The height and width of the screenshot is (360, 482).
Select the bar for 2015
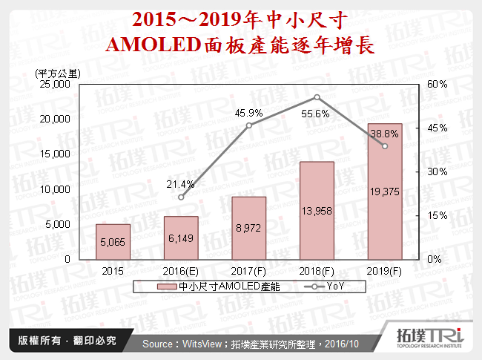pos(113,241)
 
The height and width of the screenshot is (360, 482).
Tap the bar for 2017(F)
pos(248,228)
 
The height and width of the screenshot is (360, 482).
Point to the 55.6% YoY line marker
pos(317,97)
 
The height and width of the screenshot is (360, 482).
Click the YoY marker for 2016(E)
pos(181,197)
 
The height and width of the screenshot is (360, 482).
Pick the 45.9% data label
pos(248,112)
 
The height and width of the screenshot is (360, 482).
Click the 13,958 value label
pos(317,212)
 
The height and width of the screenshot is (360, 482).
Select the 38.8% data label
pos(385,134)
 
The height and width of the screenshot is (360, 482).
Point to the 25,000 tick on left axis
pos(55,84)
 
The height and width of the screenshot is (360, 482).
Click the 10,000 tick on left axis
pos(55,189)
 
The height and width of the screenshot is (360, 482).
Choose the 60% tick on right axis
pos(438,84)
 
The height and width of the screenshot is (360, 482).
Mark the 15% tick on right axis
pos(438,215)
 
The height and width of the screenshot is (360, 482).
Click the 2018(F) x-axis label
pos(317,272)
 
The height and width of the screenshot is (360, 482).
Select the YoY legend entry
pos(326,287)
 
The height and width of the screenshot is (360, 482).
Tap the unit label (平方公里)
pos(58,72)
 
